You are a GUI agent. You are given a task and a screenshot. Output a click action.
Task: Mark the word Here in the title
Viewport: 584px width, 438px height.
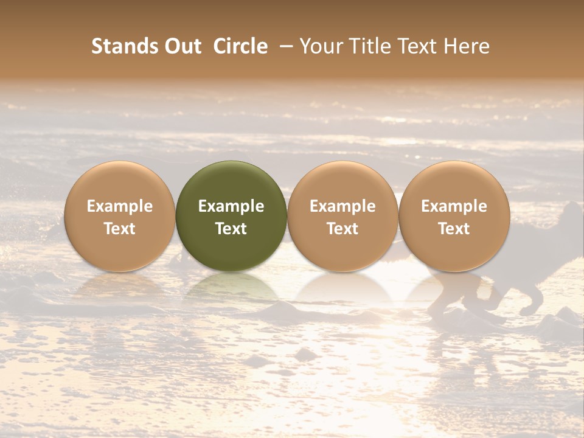[x=467, y=46]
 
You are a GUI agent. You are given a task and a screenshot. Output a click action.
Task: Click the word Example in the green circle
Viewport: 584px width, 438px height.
[x=231, y=206]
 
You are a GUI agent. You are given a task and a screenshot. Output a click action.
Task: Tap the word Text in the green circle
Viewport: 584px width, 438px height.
[x=231, y=229]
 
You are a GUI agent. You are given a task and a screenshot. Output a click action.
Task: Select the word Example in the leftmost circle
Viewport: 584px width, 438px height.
[x=120, y=206]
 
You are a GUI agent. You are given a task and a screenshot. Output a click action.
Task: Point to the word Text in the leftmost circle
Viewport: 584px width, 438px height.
[x=120, y=229]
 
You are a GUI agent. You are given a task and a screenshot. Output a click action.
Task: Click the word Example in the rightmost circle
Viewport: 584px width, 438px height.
[x=454, y=206]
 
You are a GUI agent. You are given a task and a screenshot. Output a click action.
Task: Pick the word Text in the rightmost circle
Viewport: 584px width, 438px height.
[x=454, y=229]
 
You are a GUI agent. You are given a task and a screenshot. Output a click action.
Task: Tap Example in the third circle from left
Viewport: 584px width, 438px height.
[x=342, y=206]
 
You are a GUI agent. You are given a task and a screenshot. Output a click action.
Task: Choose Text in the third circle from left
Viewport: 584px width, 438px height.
[x=342, y=229]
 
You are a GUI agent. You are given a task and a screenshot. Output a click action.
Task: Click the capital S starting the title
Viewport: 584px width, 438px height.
[x=96, y=46]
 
